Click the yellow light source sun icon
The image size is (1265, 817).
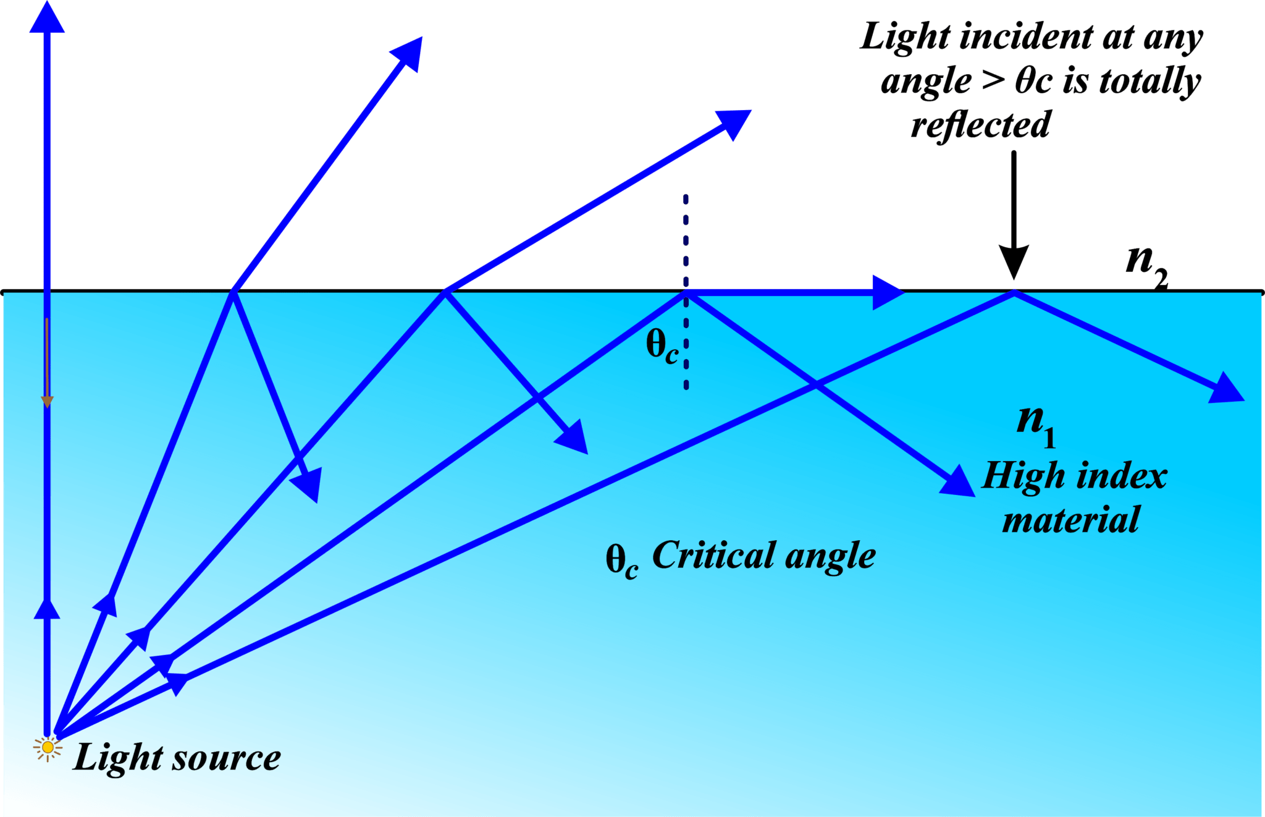(48, 748)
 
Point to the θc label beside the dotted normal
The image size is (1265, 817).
(662, 347)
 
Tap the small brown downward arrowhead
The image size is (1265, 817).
(47, 401)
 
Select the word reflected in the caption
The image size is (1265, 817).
(980, 125)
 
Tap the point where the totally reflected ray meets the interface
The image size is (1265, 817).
(1014, 291)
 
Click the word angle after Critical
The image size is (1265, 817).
(830, 556)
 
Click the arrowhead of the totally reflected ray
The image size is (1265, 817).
(1225, 389)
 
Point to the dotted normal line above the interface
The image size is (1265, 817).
(686, 241)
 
